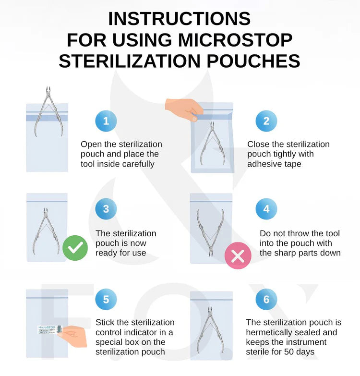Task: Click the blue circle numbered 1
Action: click(106, 121)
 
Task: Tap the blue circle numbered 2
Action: click(266, 121)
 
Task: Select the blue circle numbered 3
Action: click(106, 209)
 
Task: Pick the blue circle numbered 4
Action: click(266, 209)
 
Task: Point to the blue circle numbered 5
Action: click(106, 299)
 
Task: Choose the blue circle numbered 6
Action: click(266, 299)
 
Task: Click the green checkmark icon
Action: click(75, 248)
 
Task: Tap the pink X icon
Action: click(238, 255)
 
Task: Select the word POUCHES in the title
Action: click(253, 61)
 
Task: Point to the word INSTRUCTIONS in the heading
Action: click(180, 19)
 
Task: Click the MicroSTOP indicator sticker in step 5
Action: click(49, 330)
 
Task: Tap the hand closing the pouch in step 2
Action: click(184, 109)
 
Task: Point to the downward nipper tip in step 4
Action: click(211, 254)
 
